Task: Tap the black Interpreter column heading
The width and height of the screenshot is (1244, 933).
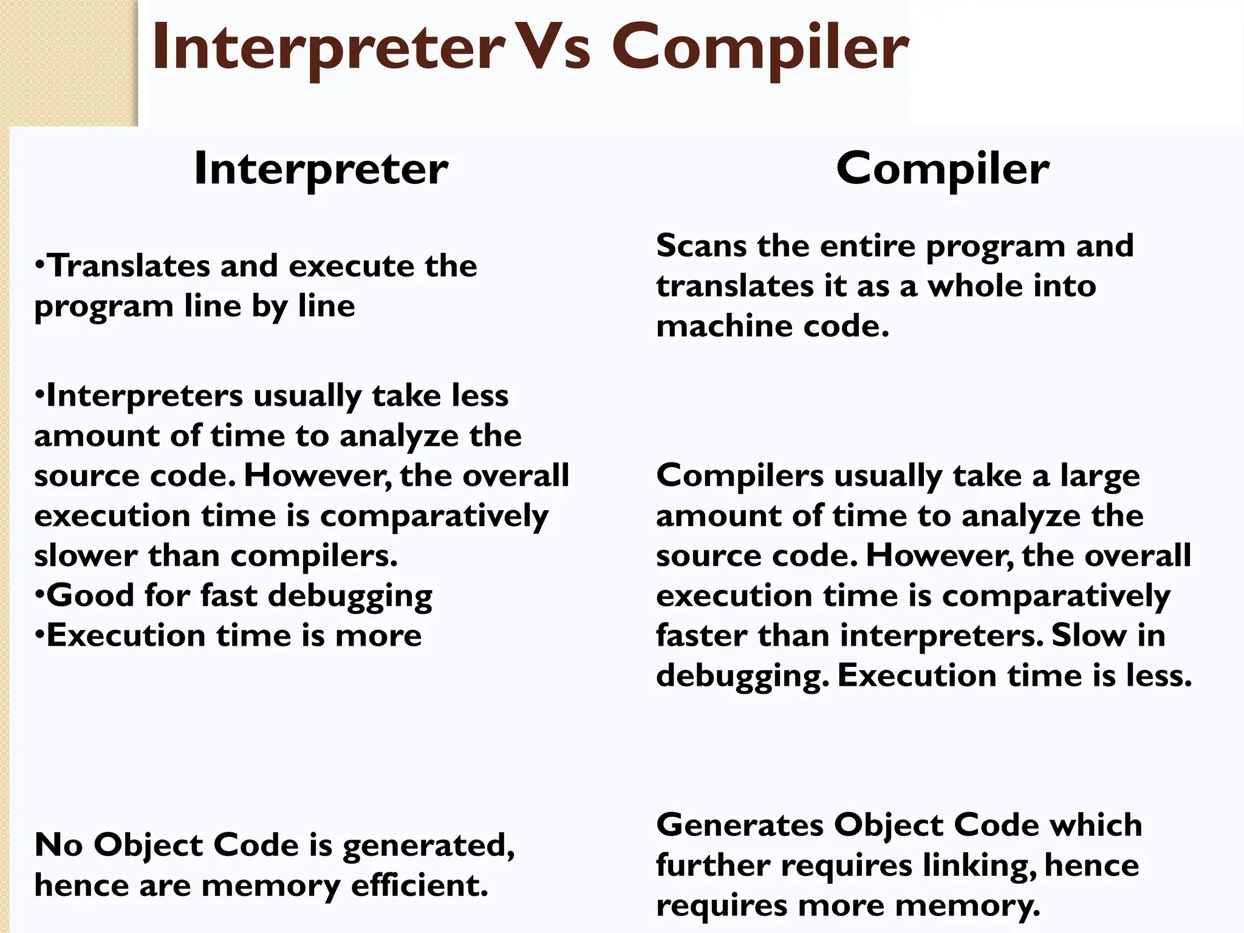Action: pyautogui.click(x=321, y=168)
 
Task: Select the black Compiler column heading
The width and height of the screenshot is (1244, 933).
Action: pyautogui.click(x=942, y=168)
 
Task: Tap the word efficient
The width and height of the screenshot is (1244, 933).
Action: pyautogui.click(x=420, y=886)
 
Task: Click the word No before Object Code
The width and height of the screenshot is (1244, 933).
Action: pyautogui.click(x=58, y=845)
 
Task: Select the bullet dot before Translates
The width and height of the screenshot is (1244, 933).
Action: pyautogui.click(x=39, y=265)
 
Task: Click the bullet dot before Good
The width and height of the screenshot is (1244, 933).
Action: pyautogui.click(x=39, y=595)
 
